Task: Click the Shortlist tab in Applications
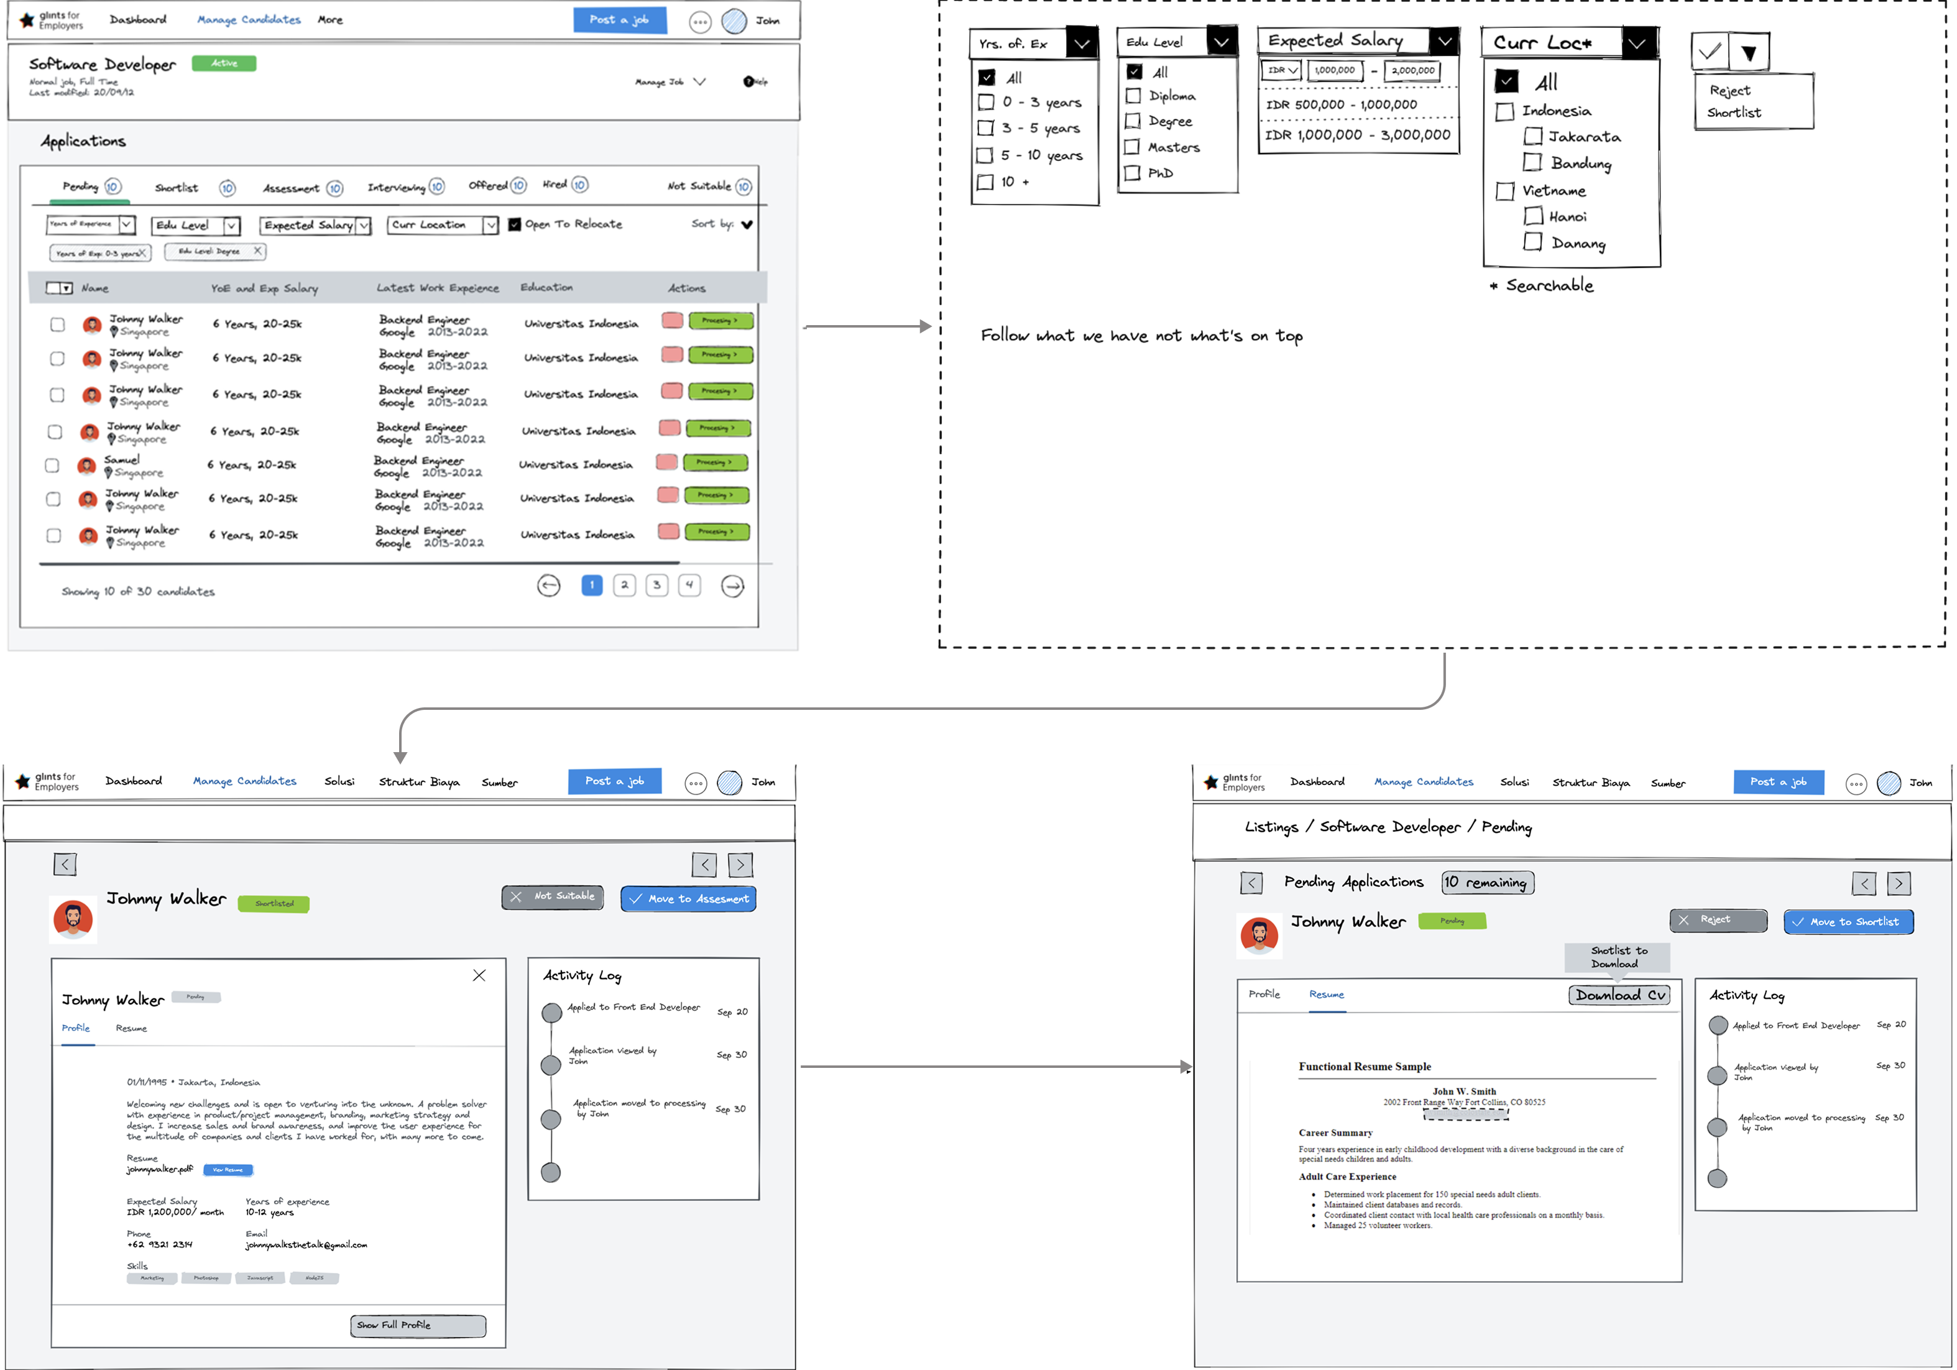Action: pyautogui.click(x=177, y=188)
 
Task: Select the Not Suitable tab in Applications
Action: pyautogui.click(x=699, y=186)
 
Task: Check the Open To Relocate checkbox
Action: pyautogui.click(x=515, y=224)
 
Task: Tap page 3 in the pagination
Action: pyautogui.click(x=656, y=585)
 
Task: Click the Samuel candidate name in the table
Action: pyautogui.click(x=122, y=459)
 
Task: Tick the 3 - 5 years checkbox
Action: pyautogui.click(x=986, y=129)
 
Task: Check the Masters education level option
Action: pyautogui.click(x=1133, y=147)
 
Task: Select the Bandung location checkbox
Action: pyautogui.click(x=1532, y=163)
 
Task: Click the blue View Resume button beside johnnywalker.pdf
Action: pyautogui.click(x=228, y=1170)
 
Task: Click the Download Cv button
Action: pyautogui.click(x=1619, y=995)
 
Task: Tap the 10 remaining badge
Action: pyautogui.click(x=1488, y=883)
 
